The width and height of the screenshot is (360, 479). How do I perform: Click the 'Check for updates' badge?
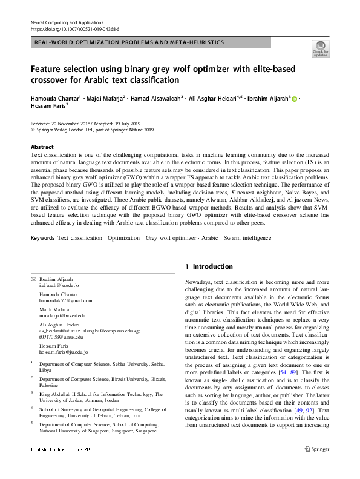click(x=320, y=48)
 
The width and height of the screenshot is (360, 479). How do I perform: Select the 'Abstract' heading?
click(x=42, y=147)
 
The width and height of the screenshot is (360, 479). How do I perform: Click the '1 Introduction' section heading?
click(x=209, y=266)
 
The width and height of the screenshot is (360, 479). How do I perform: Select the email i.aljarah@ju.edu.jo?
click(x=59, y=285)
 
